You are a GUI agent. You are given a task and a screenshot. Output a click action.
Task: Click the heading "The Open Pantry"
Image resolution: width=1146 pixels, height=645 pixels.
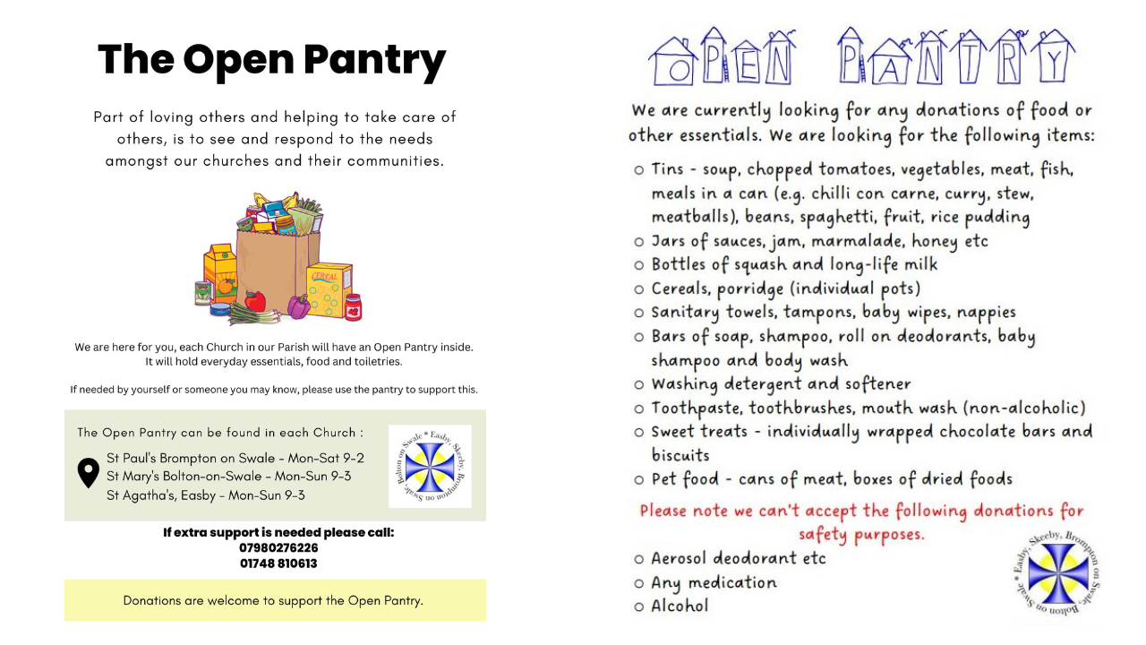tap(271, 60)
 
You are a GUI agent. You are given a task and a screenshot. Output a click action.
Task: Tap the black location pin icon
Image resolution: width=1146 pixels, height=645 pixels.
tap(88, 473)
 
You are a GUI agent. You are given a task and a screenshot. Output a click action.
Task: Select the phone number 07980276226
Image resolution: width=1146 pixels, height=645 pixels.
tap(278, 547)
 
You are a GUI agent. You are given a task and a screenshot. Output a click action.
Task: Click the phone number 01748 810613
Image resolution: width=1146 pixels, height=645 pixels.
tap(278, 563)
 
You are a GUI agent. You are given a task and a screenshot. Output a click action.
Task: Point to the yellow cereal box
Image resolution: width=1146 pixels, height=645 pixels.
tap(329, 289)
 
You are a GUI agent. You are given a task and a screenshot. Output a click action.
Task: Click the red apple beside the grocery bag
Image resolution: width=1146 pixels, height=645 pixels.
tap(256, 301)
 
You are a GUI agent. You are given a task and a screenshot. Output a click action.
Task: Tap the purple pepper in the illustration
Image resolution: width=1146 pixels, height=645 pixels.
tap(298, 307)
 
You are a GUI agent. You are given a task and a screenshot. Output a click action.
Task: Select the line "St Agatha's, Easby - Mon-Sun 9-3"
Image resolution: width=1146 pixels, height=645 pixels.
tap(206, 494)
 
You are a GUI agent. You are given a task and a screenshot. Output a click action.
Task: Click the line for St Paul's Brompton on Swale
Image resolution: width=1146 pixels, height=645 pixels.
tap(235, 458)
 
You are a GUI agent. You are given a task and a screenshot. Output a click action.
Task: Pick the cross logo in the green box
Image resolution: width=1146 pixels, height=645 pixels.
tap(430, 467)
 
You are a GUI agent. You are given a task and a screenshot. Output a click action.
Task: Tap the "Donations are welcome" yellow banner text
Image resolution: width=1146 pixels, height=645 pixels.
tap(273, 600)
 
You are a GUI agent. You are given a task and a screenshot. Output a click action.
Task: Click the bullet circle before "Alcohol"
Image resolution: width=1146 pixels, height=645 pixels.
tap(638, 606)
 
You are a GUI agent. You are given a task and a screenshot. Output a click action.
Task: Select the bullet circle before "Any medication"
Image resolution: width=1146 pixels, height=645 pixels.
tap(638, 583)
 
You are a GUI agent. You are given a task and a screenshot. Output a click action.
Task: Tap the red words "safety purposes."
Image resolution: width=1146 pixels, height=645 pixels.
tap(861, 534)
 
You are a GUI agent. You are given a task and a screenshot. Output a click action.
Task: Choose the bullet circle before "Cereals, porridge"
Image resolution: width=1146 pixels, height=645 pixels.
tap(638, 289)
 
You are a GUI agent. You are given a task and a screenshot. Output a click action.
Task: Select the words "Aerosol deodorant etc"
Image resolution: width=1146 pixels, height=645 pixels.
tap(739, 558)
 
